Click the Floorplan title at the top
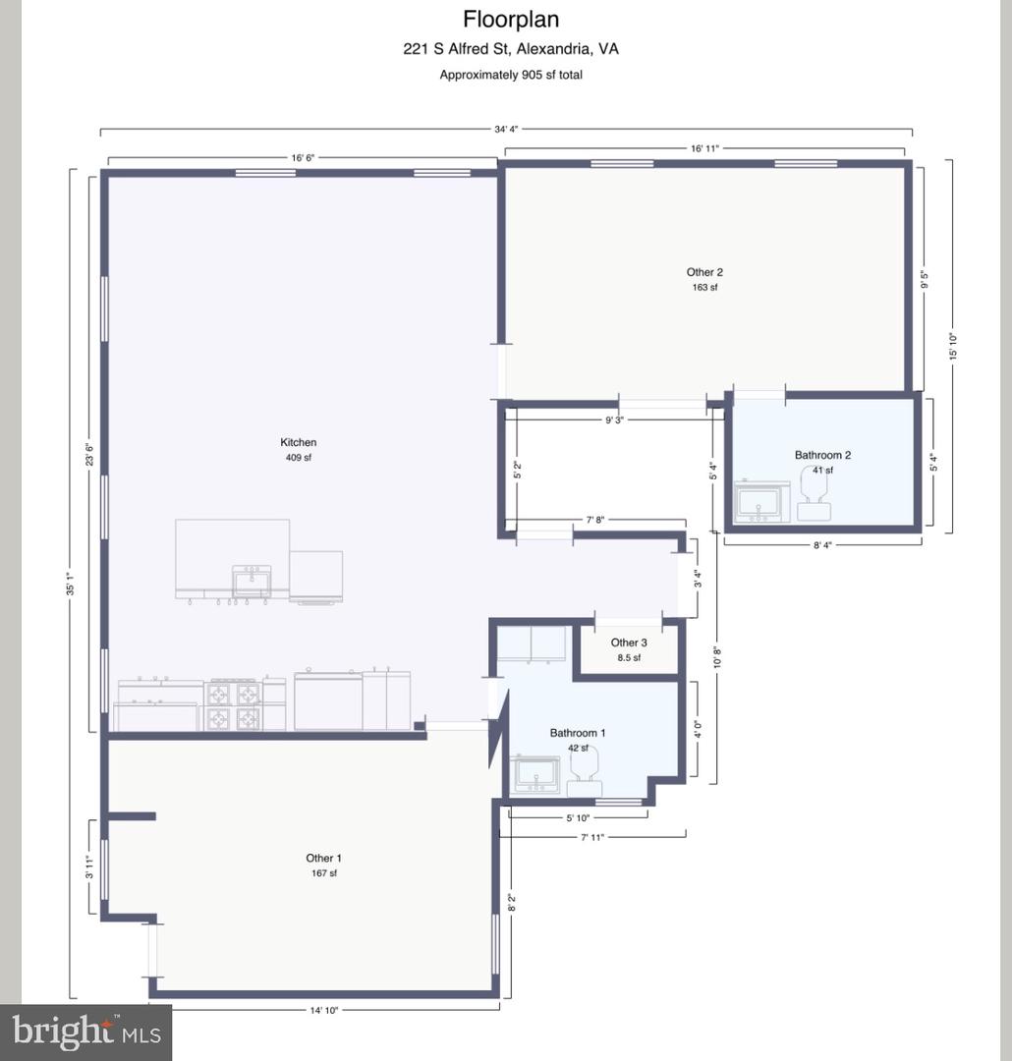510,20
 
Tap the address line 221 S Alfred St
510,49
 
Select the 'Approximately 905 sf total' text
510,75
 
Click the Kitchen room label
298,442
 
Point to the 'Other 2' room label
704,272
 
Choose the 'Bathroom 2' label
822,455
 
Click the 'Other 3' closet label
629,642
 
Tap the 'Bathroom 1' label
578,732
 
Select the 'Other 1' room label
323,858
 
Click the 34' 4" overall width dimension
506,129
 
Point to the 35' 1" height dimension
71,584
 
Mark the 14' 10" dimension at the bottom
323,1010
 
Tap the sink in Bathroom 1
536,774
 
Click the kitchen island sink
252,582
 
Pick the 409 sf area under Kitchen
298,458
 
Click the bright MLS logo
85,1033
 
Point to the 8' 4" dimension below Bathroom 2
821,544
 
